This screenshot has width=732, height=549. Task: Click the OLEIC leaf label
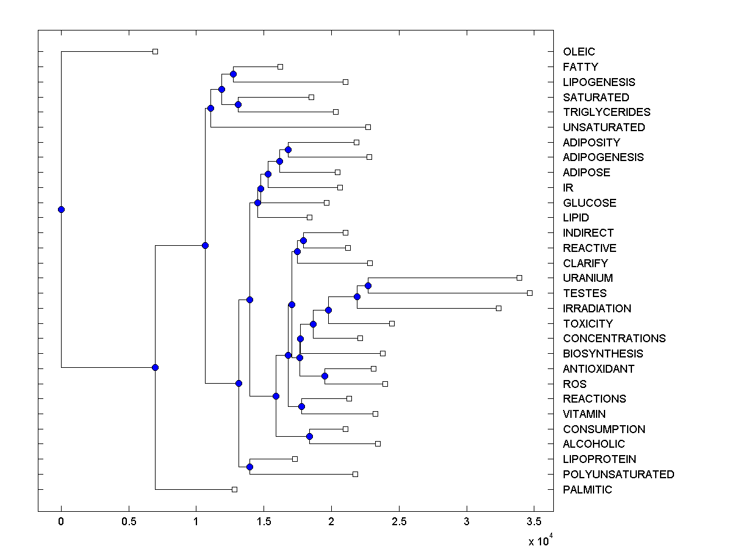(579, 52)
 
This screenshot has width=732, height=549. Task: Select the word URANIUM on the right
(588, 278)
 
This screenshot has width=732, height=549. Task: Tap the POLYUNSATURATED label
(619, 475)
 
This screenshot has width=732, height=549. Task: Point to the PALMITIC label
(587, 490)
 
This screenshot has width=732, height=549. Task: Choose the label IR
(569, 188)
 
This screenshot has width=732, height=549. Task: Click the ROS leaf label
(575, 384)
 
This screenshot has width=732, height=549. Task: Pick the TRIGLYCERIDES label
(606, 112)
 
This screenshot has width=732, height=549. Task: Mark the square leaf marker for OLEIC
(155, 51)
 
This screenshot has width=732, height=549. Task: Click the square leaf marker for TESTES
(529, 293)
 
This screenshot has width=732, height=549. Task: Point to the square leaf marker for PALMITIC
(234, 489)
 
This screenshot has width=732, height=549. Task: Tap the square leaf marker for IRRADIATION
(498, 309)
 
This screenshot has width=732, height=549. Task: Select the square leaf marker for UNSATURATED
(368, 127)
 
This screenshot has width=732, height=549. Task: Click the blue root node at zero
(61, 209)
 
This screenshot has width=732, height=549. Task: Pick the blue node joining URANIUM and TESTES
(368, 285)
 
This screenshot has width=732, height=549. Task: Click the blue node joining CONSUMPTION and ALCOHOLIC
(309, 436)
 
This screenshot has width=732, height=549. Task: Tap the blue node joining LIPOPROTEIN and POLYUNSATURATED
(249, 467)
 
